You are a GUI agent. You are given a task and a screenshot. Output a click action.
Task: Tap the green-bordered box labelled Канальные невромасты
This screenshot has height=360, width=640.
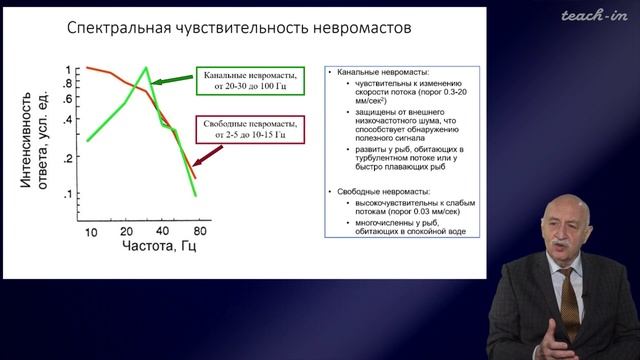click(246, 82)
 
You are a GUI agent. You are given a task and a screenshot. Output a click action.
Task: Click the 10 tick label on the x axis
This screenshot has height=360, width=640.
click(91, 232)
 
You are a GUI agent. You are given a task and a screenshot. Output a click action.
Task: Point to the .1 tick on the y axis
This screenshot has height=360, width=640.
click(66, 194)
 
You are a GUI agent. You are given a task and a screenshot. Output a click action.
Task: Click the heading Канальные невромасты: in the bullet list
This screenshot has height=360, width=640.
click(384, 73)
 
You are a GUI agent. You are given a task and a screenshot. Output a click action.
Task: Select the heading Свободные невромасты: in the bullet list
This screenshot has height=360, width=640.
click(386, 190)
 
